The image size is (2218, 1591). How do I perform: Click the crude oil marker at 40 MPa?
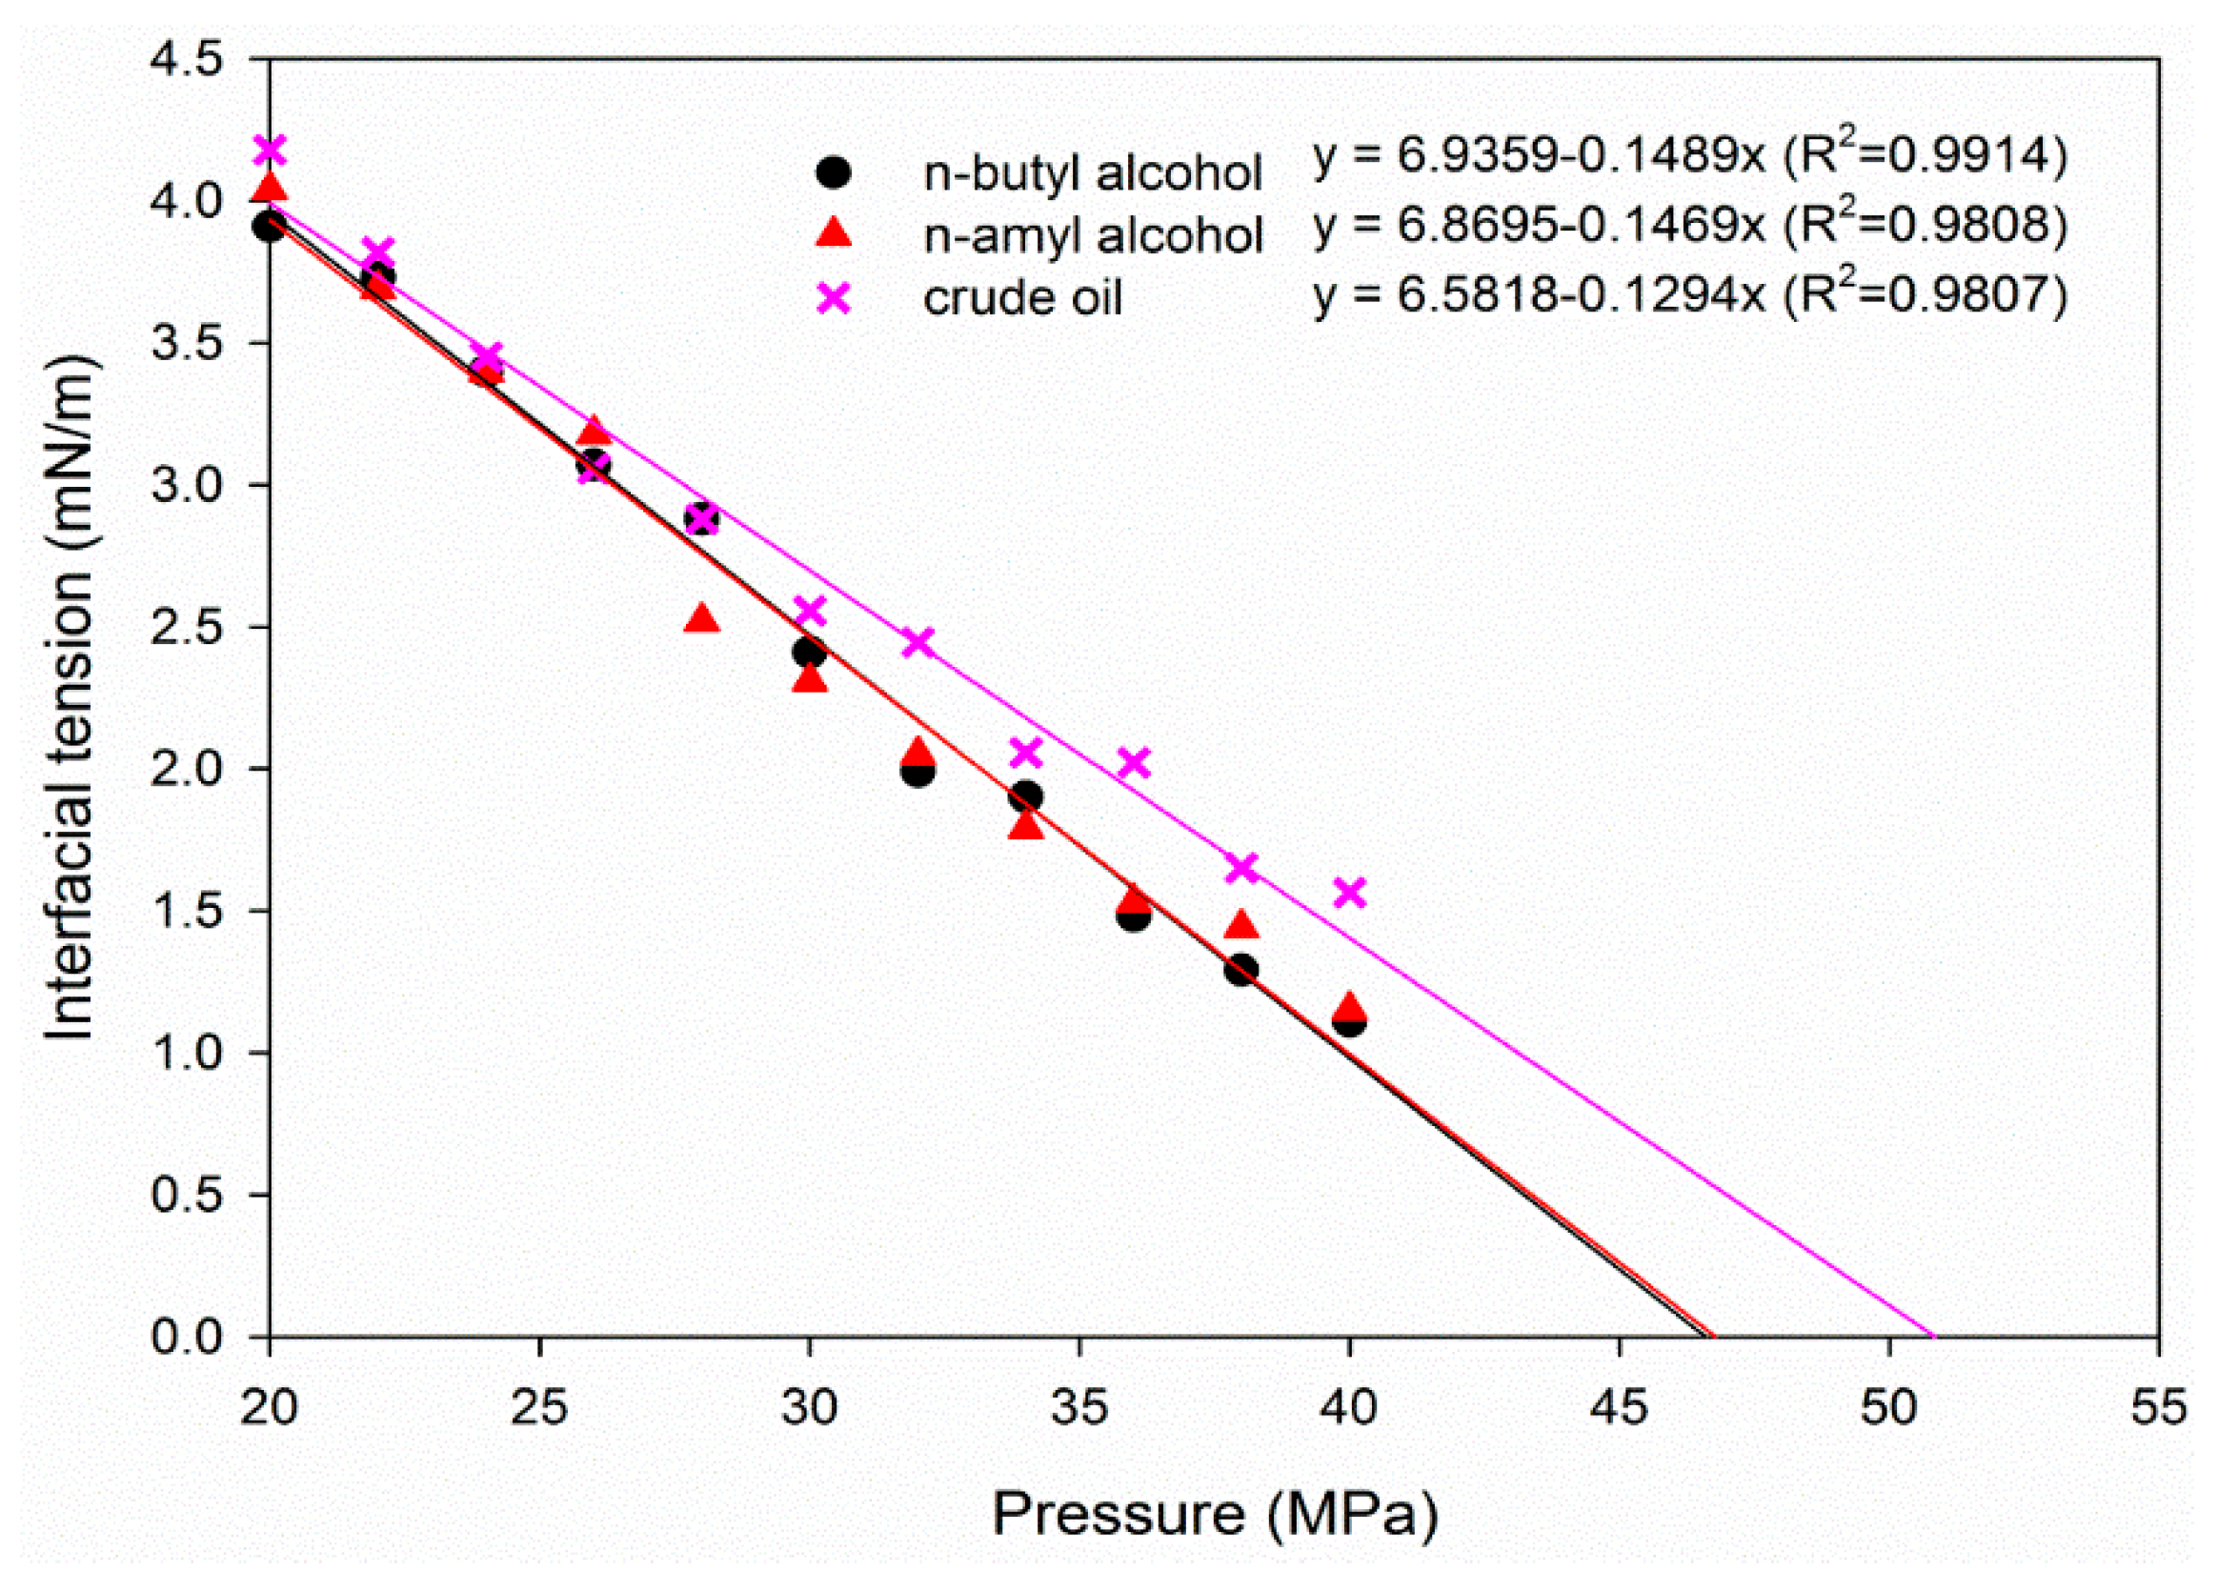click(x=1350, y=892)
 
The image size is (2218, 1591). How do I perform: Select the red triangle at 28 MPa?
click(x=702, y=619)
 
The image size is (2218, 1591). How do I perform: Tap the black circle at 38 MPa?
click(x=1241, y=970)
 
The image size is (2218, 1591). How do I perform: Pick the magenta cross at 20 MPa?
click(x=270, y=150)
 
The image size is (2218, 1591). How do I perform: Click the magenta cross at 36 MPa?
click(x=1134, y=762)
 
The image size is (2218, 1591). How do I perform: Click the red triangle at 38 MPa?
click(x=1241, y=924)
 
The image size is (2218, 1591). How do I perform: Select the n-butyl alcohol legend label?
click(x=1093, y=174)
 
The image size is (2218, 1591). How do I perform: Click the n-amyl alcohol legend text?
click(x=1094, y=235)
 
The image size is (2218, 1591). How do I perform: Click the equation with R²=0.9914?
click(x=1690, y=156)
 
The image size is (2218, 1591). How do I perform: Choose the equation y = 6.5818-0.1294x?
click(x=1690, y=293)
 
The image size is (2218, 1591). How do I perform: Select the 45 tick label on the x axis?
click(x=1620, y=1408)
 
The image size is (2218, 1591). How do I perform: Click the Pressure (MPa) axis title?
click(x=1215, y=1515)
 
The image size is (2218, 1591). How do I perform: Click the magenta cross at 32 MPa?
click(x=917, y=642)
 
